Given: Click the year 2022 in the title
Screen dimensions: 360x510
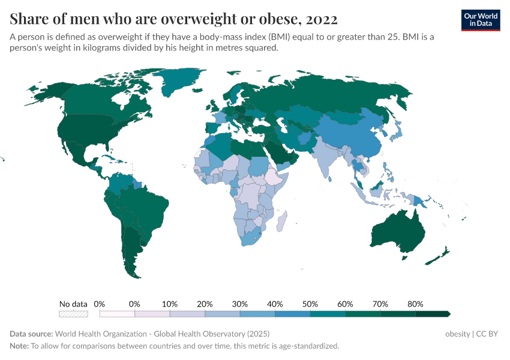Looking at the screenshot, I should click(322, 19).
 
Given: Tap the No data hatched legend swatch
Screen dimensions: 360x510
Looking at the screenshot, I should click(73, 314).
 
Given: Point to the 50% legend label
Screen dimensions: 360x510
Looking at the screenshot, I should click(310, 304).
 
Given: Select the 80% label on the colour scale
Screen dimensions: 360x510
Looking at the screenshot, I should click(415, 304).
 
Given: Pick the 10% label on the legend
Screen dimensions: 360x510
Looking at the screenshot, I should click(170, 304).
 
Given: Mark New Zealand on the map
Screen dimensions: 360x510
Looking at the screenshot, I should click(437, 256).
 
